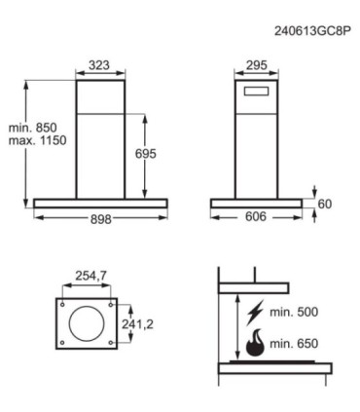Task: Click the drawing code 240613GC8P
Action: click(312, 31)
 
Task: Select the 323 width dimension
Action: click(99, 65)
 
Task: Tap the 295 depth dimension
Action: click(257, 65)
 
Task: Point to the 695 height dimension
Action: click(146, 154)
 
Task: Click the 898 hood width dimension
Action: click(100, 219)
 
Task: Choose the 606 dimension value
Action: click(256, 216)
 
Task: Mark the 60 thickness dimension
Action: click(325, 205)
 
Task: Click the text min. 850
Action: click(32, 128)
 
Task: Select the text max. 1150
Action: click(37, 140)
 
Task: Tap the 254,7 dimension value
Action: click(90, 276)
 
